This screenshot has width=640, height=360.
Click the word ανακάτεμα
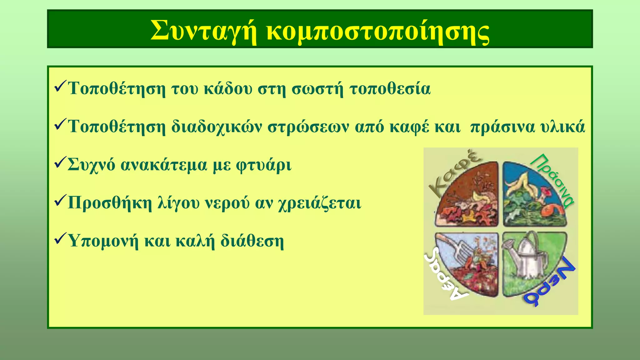coord(163,165)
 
